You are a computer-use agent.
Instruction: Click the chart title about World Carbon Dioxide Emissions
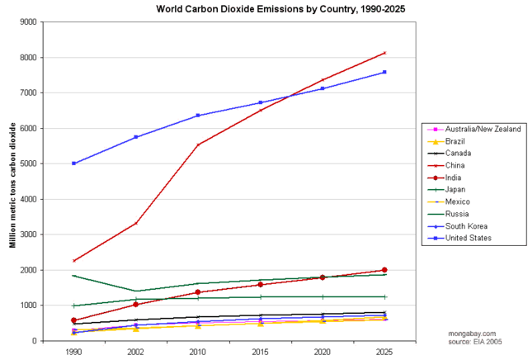263,8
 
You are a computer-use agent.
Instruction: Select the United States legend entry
469,238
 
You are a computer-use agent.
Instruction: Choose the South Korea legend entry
465,225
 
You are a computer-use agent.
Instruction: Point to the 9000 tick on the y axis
36,22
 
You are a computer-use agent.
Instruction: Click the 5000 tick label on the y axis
36,163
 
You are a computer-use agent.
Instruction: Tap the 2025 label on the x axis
384,352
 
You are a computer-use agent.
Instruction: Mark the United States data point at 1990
74,163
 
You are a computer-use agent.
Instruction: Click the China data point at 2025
384,53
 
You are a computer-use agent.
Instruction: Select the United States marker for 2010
198,116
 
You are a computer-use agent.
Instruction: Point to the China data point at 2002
136,223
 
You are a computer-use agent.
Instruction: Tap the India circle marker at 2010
198,292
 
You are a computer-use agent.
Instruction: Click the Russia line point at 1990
74,276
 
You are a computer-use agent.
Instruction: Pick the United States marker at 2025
384,72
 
